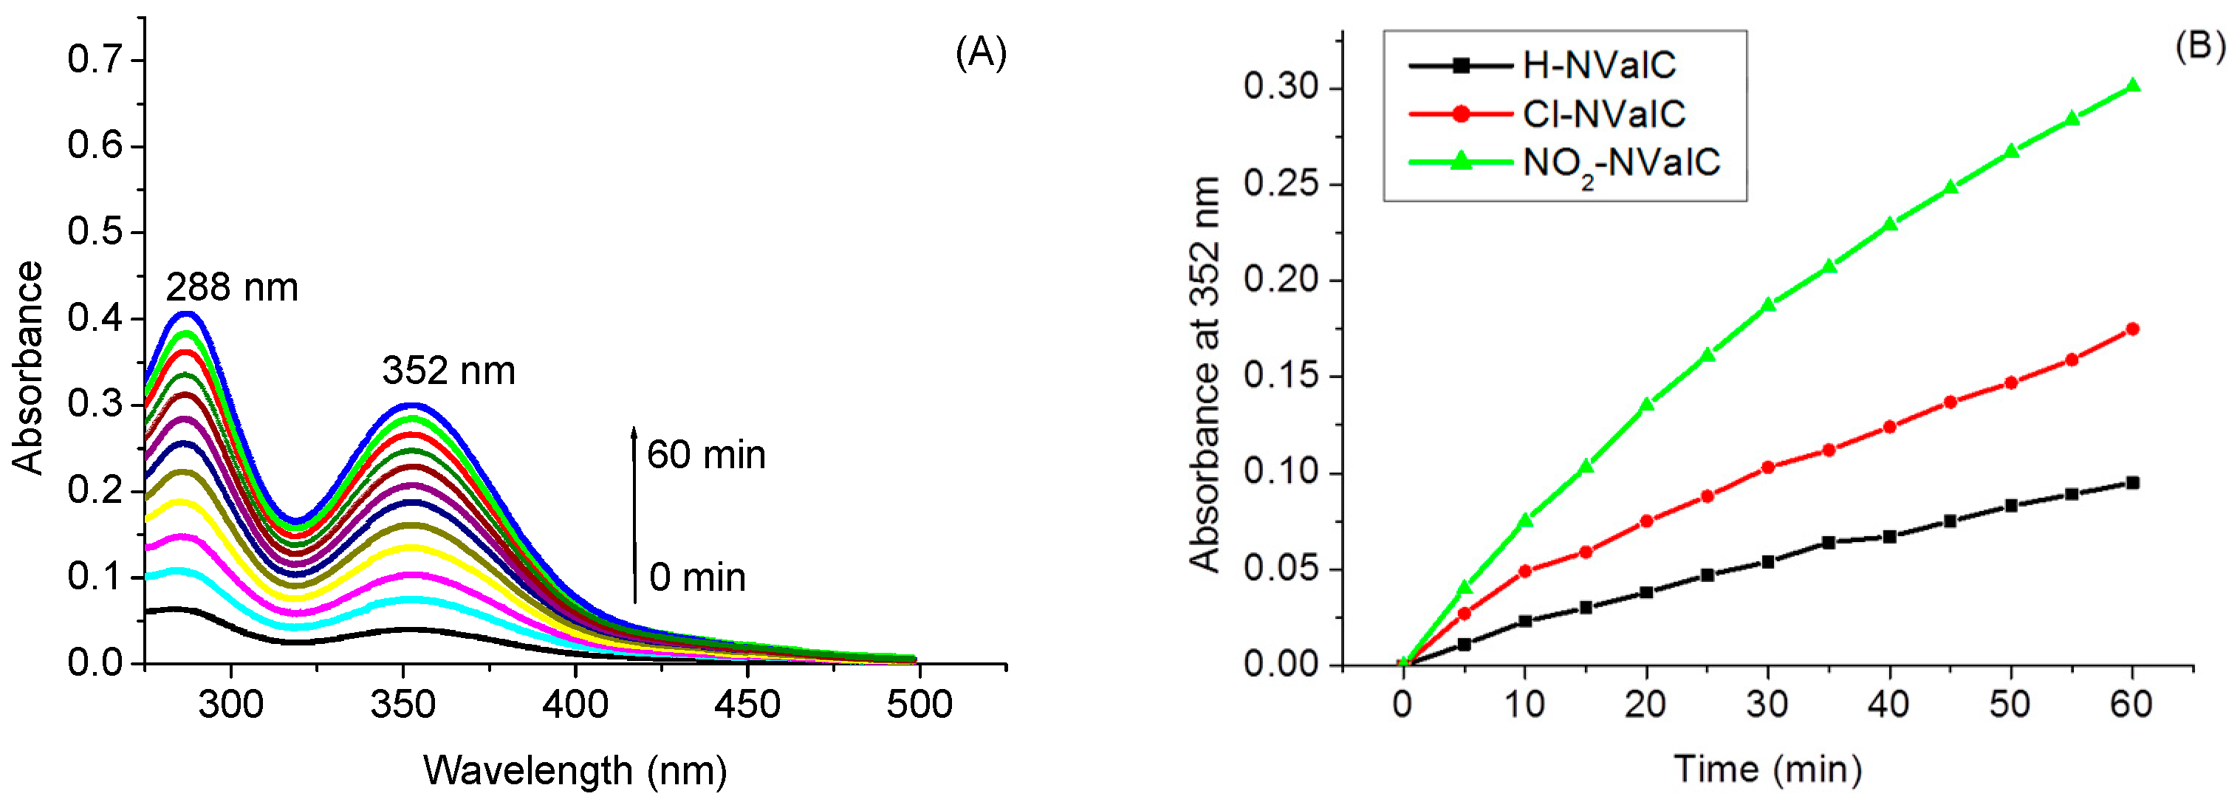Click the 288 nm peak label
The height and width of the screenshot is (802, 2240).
(231, 288)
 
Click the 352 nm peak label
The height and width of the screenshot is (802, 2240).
(449, 371)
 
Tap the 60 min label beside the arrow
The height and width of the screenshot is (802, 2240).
(705, 455)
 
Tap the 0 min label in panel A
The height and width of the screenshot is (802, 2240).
(696, 577)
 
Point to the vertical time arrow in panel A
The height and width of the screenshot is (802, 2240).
(634, 513)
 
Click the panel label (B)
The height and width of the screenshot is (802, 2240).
(2199, 45)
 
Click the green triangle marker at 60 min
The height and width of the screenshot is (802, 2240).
(2132, 85)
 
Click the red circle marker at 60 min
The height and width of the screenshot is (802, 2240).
(2132, 329)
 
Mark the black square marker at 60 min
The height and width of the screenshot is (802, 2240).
(2132, 483)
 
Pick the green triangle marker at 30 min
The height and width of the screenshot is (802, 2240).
(1768, 304)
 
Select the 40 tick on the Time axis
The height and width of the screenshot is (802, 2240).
(1888, 704)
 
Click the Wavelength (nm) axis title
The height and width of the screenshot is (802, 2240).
(575, 771)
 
